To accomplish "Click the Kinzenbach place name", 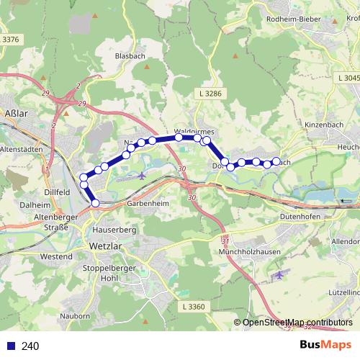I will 322,125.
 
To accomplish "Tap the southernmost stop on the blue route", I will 95,203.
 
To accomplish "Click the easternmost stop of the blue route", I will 276,161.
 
